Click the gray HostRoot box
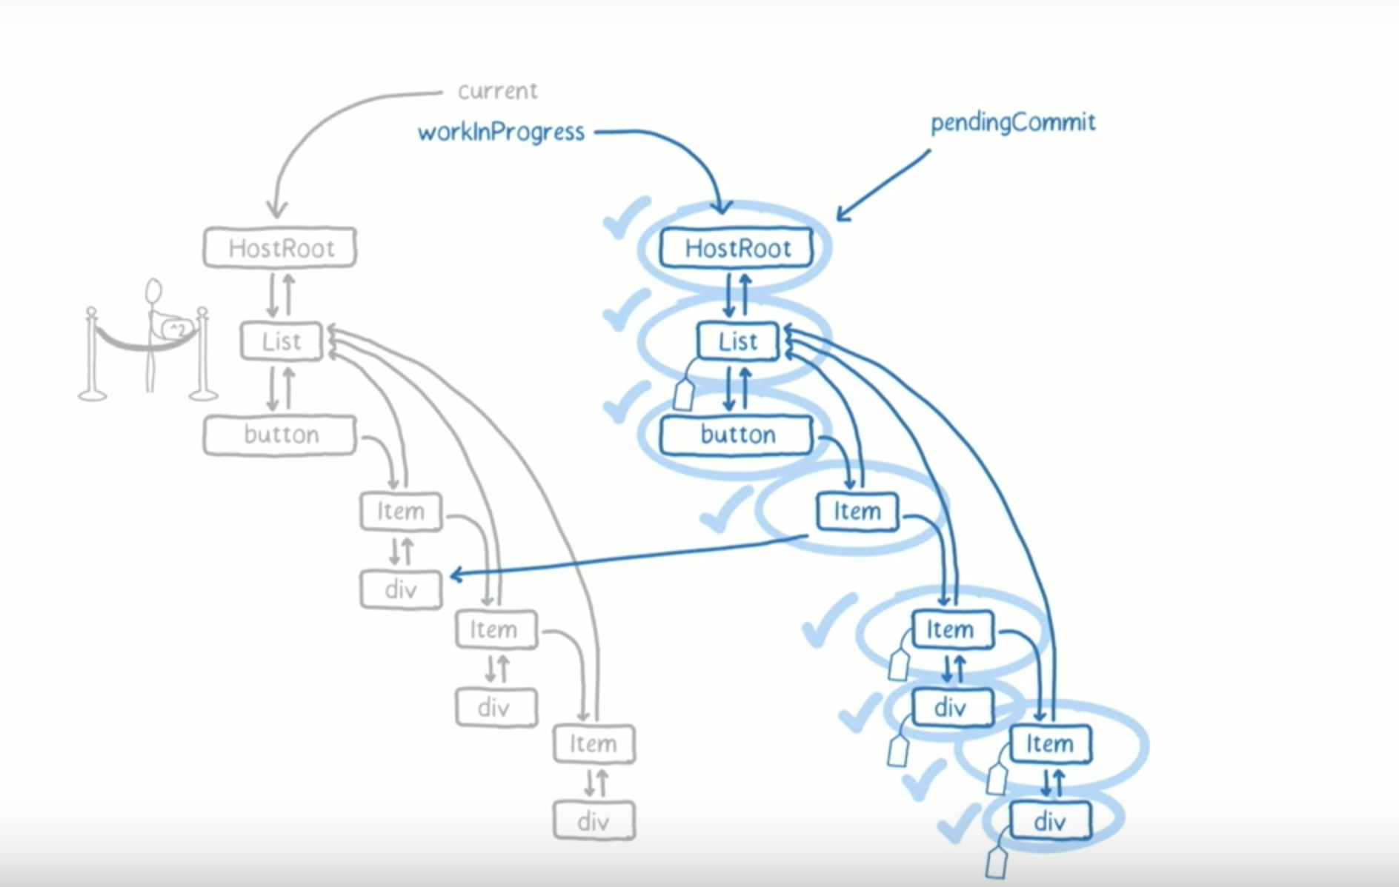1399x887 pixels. [280, 247]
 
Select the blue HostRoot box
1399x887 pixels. [737, 247]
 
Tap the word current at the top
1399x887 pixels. [497, 91]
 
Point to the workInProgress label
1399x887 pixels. [501, 133]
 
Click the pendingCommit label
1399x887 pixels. [1013, 122]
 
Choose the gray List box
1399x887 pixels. [282, 341]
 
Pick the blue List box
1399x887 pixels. [738, 341]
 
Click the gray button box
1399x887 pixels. [280, 435]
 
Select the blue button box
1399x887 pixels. [737, 435]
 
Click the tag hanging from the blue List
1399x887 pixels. [684, 394]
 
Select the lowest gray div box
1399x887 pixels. [594, 820]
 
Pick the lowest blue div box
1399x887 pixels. [1050, 820]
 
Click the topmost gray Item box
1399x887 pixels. [401, 512]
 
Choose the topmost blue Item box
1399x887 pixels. [857, 512]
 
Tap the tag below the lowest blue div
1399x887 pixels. [997, 863]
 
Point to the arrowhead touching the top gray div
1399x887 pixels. [455, 575]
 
